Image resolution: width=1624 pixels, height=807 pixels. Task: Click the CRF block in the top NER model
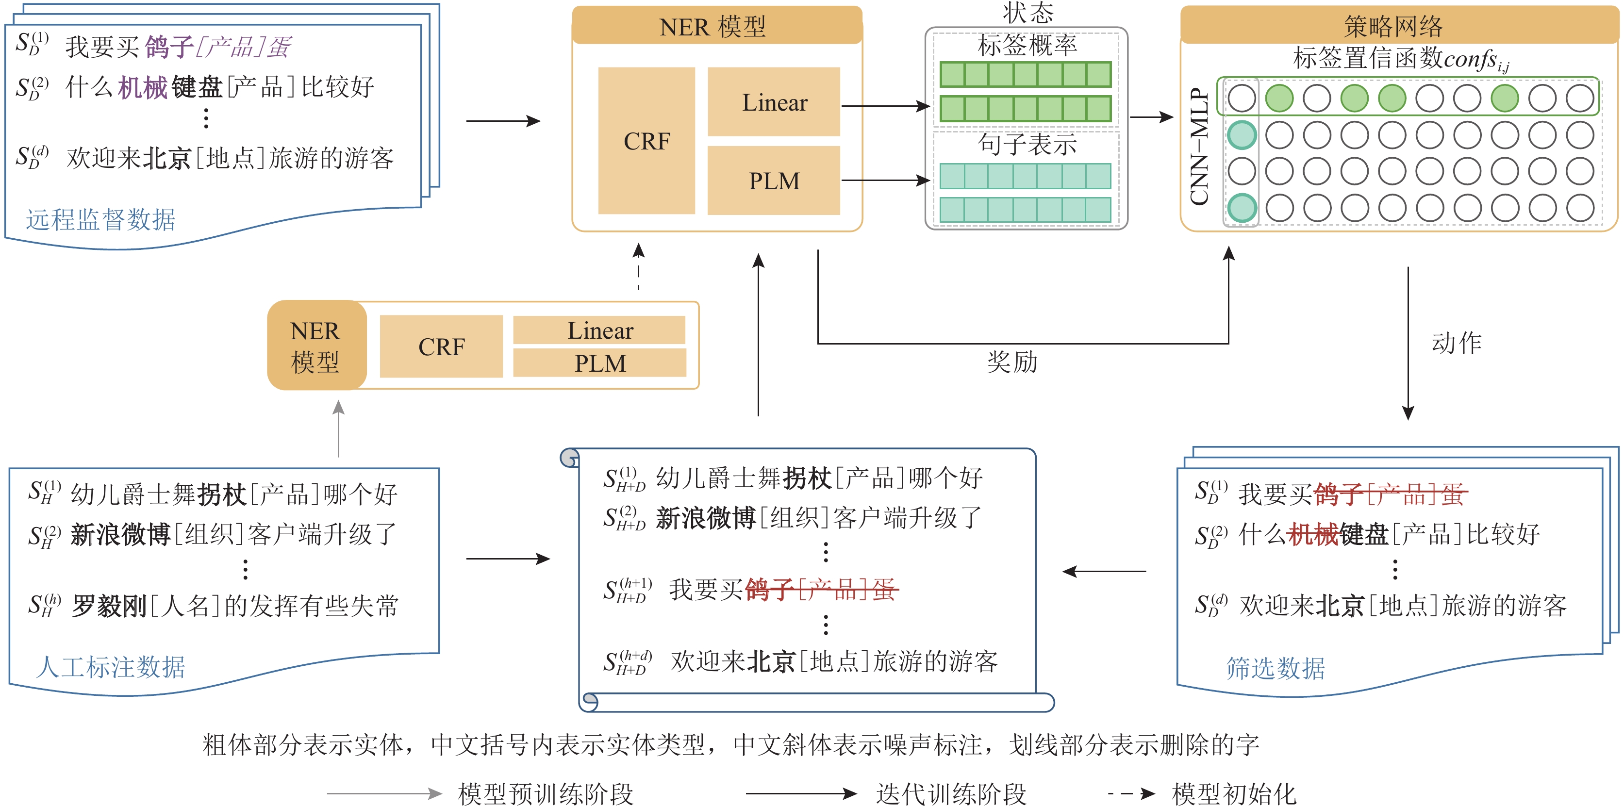click(x=646, y=141)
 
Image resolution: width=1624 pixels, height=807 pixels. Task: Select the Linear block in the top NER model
click(x=774, y=102)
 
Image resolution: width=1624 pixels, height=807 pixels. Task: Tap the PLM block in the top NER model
click(x=774, y=181)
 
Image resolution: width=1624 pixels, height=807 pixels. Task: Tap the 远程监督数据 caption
click(x=100, y=219)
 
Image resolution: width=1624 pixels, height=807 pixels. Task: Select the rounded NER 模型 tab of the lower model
click(x=315, y=346)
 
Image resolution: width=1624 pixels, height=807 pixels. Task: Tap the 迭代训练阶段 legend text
click(x=951, y=794)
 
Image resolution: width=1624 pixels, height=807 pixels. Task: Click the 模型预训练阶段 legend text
click(x=546, y=794)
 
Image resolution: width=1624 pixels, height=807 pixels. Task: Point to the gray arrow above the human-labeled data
click(x=339, y=428)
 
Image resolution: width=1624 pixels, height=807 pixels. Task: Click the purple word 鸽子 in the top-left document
click(x=169, y=47)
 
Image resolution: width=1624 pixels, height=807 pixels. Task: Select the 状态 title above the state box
click(x=1027, y=11)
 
